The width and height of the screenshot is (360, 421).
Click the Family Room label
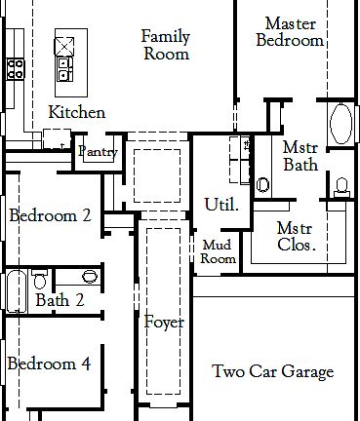165,45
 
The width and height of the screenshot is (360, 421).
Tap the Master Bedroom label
294,31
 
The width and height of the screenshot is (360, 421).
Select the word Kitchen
76,112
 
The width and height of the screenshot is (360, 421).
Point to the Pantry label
98,152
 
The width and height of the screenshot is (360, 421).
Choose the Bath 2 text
59,299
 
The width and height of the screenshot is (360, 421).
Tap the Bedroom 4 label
49,364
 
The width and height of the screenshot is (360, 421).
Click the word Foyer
164,322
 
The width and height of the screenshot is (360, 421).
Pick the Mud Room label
218,252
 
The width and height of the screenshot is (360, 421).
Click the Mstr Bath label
300,156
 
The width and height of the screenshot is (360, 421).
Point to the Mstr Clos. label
296,236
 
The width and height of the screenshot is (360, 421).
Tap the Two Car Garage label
273,371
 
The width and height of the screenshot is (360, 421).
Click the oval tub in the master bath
342,124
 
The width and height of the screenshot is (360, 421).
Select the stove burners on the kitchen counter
16,67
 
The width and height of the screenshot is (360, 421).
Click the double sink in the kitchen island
65,68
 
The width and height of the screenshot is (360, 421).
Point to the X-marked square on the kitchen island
65,44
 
